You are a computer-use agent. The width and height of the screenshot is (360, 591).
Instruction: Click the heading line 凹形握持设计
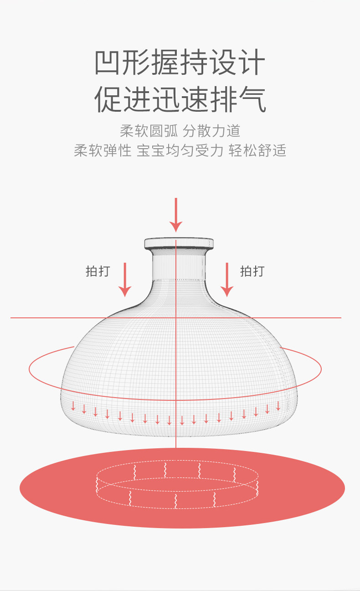point(180,63)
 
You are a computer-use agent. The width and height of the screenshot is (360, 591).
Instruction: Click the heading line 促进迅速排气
point(180,100)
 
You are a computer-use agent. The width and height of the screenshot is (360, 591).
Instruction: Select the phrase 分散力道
point(211,131)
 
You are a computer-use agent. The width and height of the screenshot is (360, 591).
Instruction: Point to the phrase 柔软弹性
point(103,150)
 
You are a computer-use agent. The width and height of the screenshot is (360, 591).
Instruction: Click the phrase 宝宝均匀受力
point(180,150)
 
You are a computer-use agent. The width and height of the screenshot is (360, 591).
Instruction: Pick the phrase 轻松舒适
point(257,150)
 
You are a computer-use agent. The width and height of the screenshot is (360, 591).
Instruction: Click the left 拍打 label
point(98,271)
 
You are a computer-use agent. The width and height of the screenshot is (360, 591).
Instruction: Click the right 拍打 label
point(252,271)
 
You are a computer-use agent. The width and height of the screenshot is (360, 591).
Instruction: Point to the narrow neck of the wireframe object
point(179,264)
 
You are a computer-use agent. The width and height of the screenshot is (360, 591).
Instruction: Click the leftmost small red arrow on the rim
point(73,406)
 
